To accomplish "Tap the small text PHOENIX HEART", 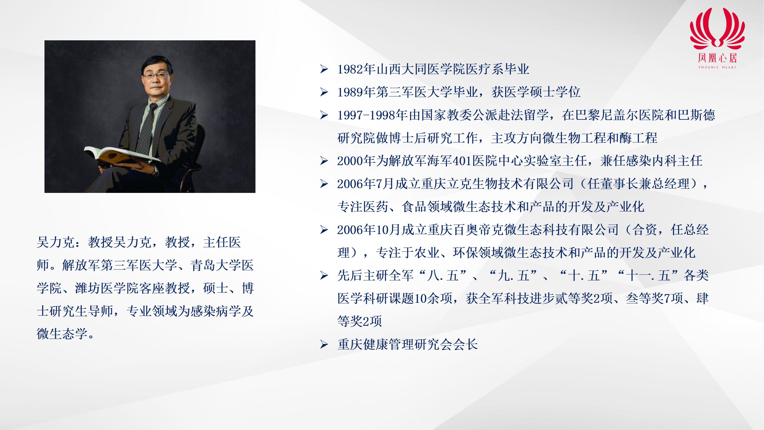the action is point(717,67).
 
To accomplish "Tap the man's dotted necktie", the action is point(148,125).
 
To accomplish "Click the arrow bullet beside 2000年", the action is point(324,162).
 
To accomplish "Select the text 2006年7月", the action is point(366,184).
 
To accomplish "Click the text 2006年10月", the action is point(369,230).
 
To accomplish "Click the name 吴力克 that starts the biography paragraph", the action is point(56,242).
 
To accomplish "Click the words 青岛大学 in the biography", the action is point(216,265).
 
